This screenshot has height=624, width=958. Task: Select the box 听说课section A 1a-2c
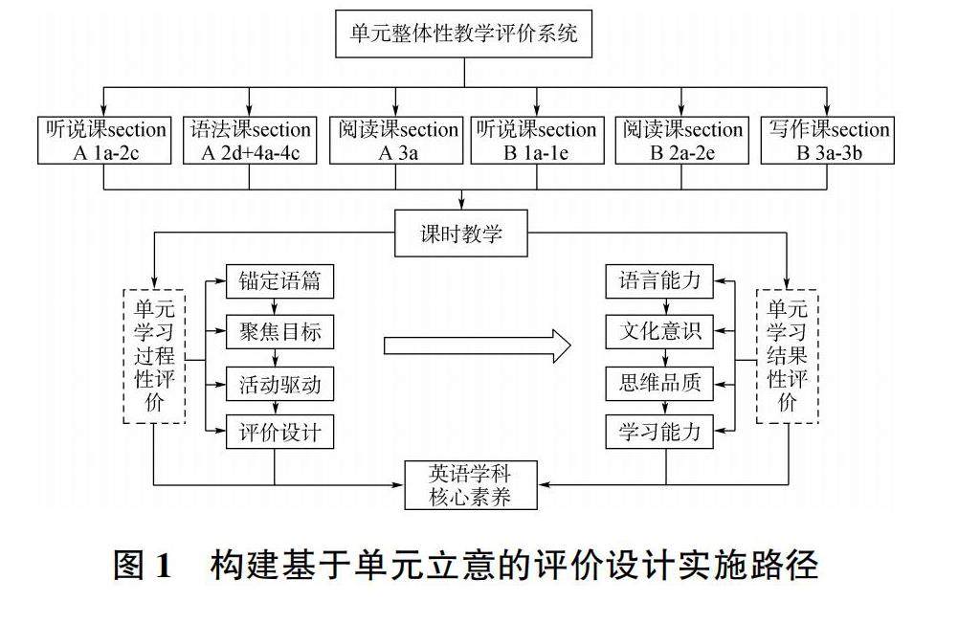[x=104, y=141]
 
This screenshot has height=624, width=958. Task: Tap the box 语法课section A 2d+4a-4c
[x=249, y=141]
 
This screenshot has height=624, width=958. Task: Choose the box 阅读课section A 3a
[x=392, y=141]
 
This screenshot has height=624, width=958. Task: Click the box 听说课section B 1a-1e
[x=536, y=141]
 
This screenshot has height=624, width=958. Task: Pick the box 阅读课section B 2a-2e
[x=681, y=141]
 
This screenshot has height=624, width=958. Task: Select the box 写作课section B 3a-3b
[x=827, y=141]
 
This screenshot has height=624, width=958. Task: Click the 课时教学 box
[x=460, y=234]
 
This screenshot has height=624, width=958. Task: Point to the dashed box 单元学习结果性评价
[x=788, y=355]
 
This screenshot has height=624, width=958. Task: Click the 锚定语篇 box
[x=279, y=281]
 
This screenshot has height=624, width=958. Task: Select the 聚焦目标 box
[x=279, y=332]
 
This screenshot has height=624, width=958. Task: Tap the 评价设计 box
[x=279, y=434]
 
